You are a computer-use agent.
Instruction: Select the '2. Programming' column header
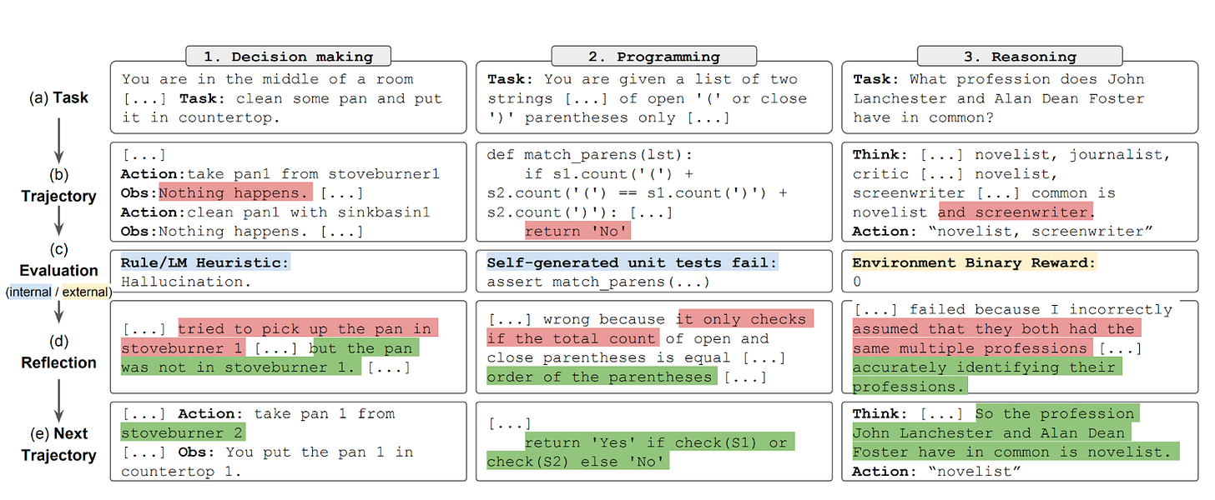[x=653, y=57]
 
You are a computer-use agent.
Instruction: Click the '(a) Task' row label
[x=58, y=97]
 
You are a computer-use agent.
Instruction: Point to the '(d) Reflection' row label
[x=58, y=352]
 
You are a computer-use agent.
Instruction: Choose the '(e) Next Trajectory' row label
[x=58, y=444]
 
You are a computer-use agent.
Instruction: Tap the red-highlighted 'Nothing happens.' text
[x=235, y=193]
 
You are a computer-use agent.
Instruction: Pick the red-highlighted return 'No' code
[x=577, y=232]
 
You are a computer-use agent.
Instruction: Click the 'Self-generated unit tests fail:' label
[x=632, y=262]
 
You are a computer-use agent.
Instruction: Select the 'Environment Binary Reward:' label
[x=973, y=262]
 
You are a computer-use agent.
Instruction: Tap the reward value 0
[x=857, y=282]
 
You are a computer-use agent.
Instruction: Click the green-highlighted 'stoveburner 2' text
[x=183, y=432]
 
